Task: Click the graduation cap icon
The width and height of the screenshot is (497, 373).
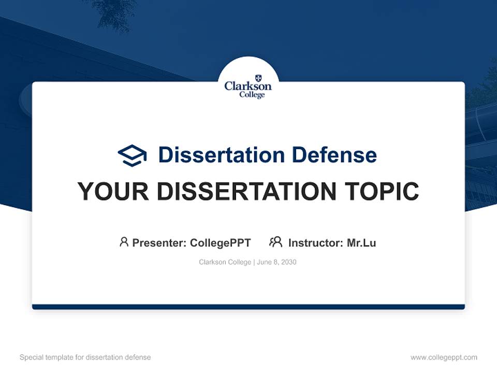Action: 133,155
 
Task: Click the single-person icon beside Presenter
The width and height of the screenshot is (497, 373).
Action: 124,242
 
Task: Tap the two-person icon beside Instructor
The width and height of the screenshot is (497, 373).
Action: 275,242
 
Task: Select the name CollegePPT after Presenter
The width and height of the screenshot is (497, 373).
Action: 220,243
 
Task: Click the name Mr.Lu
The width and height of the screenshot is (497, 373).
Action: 361,243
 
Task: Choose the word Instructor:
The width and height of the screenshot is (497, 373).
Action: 316,243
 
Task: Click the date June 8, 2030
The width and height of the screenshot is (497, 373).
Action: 276,262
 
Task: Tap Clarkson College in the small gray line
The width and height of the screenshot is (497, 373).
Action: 225,262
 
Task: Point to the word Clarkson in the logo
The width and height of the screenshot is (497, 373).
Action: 248,87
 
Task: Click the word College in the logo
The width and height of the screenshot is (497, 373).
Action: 252,95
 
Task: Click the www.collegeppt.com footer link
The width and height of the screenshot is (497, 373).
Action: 444,357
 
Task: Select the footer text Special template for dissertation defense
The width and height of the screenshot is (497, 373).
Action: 85,357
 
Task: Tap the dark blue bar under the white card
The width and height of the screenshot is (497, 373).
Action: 248,307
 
